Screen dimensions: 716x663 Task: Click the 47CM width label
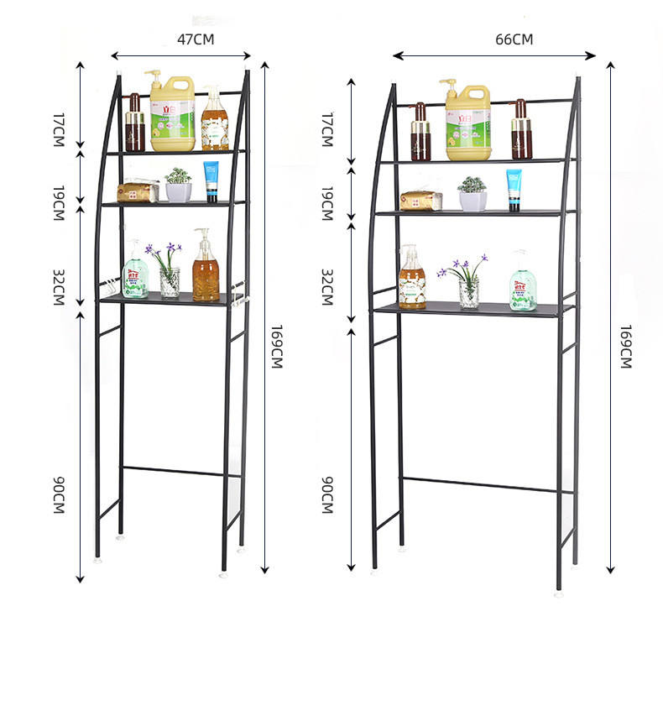click(x=196, y=39)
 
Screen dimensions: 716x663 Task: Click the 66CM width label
click(x=514, y=39)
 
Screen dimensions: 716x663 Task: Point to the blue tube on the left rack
click(x=211, y=181)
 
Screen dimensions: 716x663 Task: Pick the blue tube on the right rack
click(x=514, y=190)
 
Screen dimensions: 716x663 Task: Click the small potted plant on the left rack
click(x=178, y=186)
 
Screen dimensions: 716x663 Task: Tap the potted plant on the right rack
click(x=472, y=194)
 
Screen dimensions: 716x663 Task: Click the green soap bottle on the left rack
click(x=135, y=272)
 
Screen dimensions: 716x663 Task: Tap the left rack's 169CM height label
click(x=276, y=345)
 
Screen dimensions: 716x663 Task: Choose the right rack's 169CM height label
click(x=626, y=345)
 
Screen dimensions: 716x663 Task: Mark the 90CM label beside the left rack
click(x=59, y=495)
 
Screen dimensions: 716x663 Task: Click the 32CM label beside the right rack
click(x=327, y=287)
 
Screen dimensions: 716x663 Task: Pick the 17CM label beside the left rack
click(x=59, y=130)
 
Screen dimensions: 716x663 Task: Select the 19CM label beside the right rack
click(x=327, y=204)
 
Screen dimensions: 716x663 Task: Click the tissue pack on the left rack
click(x=137, y=192)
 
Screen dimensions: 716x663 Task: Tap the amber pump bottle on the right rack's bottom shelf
click(x=411, y=280)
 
